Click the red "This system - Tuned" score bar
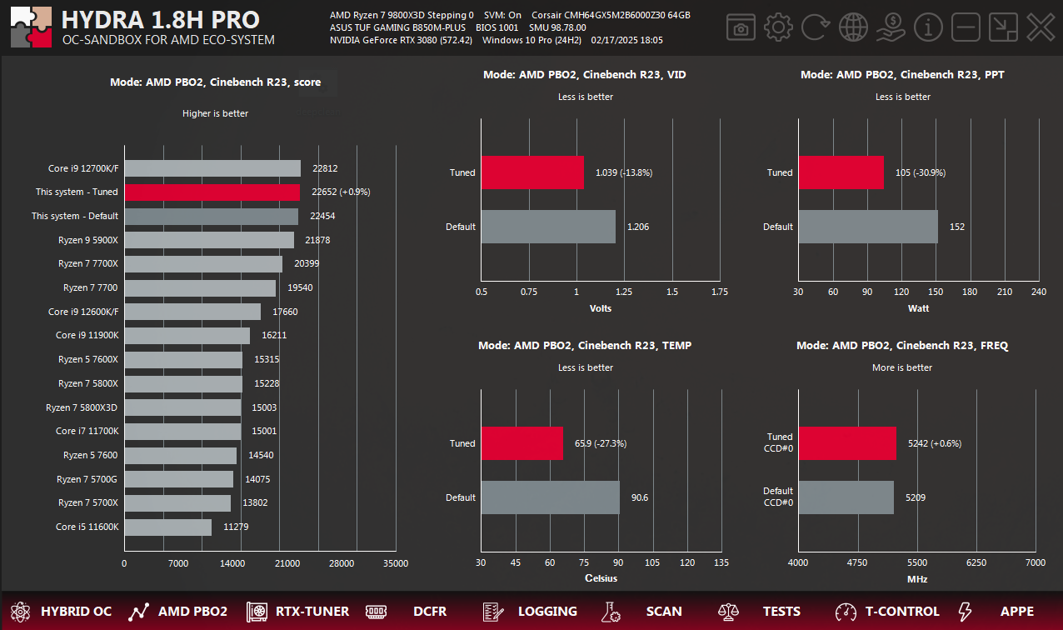click(x=212, y=192)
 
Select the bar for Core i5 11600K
click(x=168, y=527)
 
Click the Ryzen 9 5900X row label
click(x=88, y=240)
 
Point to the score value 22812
click(x=326, y=168)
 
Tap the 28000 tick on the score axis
click(x=342, y=564)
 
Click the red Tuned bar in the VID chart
click(x=532, y=173)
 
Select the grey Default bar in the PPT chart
click(x=867, y=227)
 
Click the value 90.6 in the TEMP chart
click(x=640, y=498)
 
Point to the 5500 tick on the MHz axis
click(x=916, y=564)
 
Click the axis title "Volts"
click(x=600, y=308)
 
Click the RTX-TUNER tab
click(x=297, y=612)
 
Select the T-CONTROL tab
click(x=888, y=612)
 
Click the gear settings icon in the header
click(x=778, y=27)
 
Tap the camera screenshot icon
click(x=740, y=27)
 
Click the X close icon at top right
click(x=1041, y=27)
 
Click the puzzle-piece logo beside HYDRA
click(x=32, y=27)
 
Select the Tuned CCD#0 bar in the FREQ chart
click(x=846, y=444)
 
